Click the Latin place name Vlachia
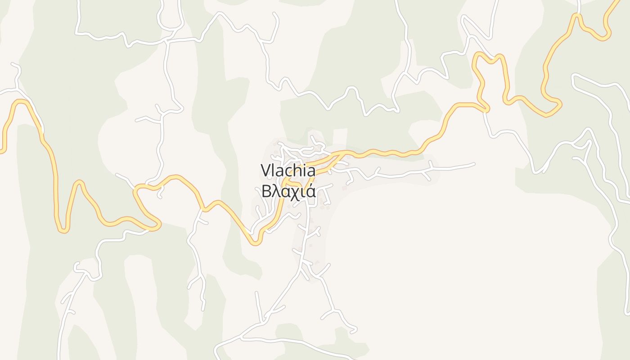(x=288, y=171)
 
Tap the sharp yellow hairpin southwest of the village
(x=256, y=243)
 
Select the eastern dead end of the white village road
(x=474, y=164)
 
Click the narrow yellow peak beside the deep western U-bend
(x=79, y=182)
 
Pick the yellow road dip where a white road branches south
(x=204, y=209)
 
